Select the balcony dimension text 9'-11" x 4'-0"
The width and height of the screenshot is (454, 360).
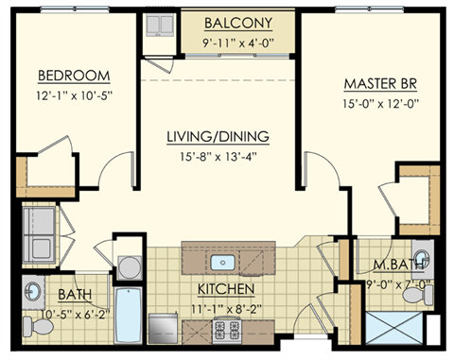236,42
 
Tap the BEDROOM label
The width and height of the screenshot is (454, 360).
74,76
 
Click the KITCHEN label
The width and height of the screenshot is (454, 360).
224,287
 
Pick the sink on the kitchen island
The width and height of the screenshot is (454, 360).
225,262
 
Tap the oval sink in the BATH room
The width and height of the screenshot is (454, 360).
33,289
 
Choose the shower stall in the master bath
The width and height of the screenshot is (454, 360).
391,327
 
